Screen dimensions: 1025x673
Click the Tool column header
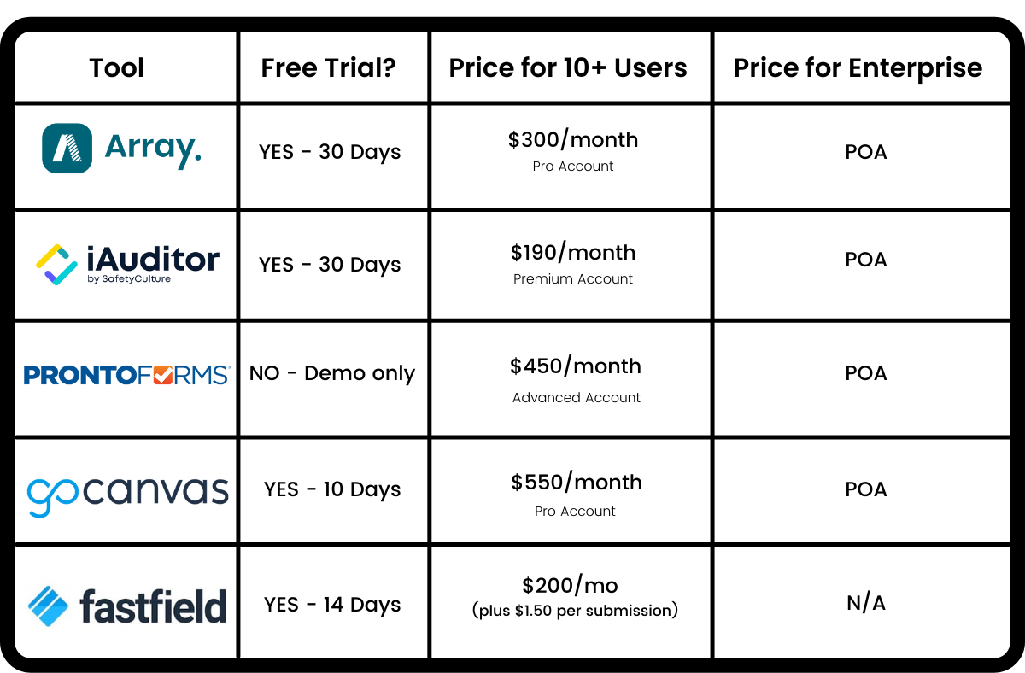(x=117, y=67)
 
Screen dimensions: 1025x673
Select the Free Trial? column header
(x=328, y=67)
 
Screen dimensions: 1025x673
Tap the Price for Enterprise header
(x=858, y=68)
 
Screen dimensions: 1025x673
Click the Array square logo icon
(x=67, y=149)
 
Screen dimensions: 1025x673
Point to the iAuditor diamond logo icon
(x=56, y=265)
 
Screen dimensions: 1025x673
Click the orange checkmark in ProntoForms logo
(x=163, y=375)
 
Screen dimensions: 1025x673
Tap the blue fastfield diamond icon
(x=48, y=606)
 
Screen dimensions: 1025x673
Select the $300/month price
(x=573, y=139)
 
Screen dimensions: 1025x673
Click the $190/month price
(x=573, y=252)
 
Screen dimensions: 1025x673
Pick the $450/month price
(x=576, y=366)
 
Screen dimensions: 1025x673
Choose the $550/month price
(x=577, y=483)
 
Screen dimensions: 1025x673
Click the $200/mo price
(x=571, y=586)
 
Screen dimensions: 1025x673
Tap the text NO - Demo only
(x=332, y=374)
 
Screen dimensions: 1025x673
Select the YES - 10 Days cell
(x=332, y=489)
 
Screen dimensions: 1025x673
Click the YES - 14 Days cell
(x=332, y=605)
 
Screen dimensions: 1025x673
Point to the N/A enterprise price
(x=866, y=603)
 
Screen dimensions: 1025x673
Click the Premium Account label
(x=573, y=279)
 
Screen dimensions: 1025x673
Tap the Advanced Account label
(x=576, y=398)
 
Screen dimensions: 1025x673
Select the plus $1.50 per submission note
(x=575, y=611)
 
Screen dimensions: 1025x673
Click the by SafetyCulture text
(x=129, y=279)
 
